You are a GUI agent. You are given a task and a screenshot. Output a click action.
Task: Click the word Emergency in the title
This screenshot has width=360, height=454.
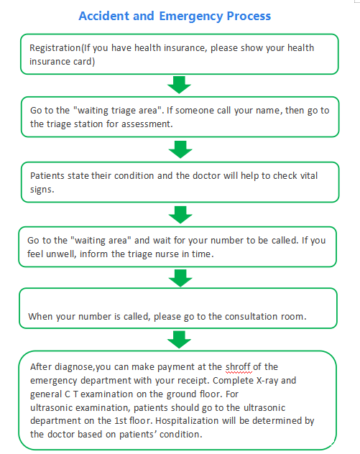coord(191,17)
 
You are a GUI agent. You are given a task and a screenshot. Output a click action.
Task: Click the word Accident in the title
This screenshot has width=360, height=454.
coord(103,16)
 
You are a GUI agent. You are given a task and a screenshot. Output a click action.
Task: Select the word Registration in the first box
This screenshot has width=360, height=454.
coord(55,48)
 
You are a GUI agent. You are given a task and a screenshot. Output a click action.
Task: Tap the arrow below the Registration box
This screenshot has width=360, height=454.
coord(179,85)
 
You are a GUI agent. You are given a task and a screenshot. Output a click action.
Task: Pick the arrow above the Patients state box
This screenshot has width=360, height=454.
coord(180,149)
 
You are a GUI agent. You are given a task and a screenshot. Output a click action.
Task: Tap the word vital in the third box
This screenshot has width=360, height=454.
coord(309,175)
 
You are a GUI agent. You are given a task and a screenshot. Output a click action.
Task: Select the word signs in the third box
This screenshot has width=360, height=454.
coord(42,190)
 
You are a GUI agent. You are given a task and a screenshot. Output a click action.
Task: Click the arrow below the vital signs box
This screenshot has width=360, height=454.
coord(180,215)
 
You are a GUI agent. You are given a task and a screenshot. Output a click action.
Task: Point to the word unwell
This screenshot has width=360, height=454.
coord(61,254)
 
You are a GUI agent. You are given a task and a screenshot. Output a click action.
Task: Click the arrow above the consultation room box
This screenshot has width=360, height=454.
coord(180,278)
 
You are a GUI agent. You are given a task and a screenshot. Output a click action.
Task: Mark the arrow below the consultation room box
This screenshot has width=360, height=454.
coord(179,340)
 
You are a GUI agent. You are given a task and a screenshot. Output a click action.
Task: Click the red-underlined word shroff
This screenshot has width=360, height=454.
coord(238,367)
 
